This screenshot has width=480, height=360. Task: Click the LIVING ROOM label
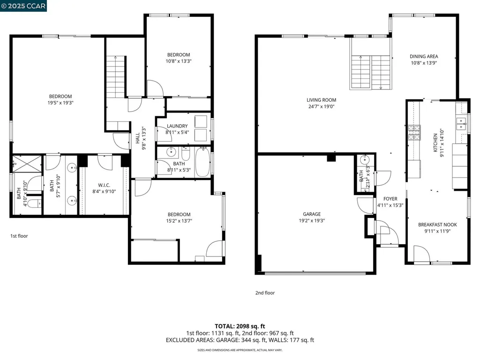[321, 100]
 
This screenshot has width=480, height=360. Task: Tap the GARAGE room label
[312, 214]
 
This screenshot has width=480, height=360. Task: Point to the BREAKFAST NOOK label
[437, 225]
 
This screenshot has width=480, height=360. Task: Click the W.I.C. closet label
[104, 185]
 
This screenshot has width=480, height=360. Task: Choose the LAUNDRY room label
[177, 126]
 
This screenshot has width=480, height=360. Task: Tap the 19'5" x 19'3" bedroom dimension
[60, 103]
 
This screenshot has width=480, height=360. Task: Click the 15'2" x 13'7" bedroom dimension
[179, 221]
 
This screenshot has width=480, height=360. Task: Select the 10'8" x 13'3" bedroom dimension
[178, 61]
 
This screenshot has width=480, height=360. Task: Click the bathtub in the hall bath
[202, 162]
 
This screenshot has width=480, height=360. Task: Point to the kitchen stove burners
[414, 133]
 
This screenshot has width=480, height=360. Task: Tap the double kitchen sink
[461, 124]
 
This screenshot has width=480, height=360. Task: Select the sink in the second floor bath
[364, 160]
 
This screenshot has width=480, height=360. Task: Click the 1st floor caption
[19, 236]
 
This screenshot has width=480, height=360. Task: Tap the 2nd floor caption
[265, 293]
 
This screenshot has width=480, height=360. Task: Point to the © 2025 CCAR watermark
[24, 6]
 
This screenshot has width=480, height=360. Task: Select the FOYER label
[390, 199]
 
